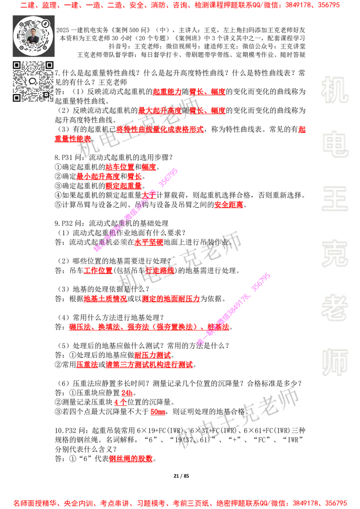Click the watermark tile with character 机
pyautogui.click(x=334, y=90)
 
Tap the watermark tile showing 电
pyautogui.click(x=336, y=144)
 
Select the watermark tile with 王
pyautogui.click(x=334, y=199)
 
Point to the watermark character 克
pyautogui.click(x=334, y=254)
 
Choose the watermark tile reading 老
pyautogui.click(x=334, y=308)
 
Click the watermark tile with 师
pyautogui.click(x=334, y=363)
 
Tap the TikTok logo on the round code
pyautogui.click(x=46, y=22)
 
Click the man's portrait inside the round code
pyautogui.click(x=33, y=36)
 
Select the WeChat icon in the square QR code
pyautogui.click(x=33, y=81)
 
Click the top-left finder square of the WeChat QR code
pyautogui.click(x=17, y=65)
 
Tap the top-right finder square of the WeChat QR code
pyautogui.click(x=49, y=65)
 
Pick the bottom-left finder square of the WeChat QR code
pyautogui.click(x=17, y=98)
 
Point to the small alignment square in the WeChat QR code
pyautogui.click(x=46, y=94)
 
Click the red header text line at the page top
pyautogui.click(x=180, y=5)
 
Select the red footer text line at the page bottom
pyautogui.click(x=180, y=503)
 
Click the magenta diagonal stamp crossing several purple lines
pyautogui.click(x=234, y=308)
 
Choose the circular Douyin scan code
pyautogui.click(x=33, y=36)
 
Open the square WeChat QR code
pyautogui.click(x=33, y=81)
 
